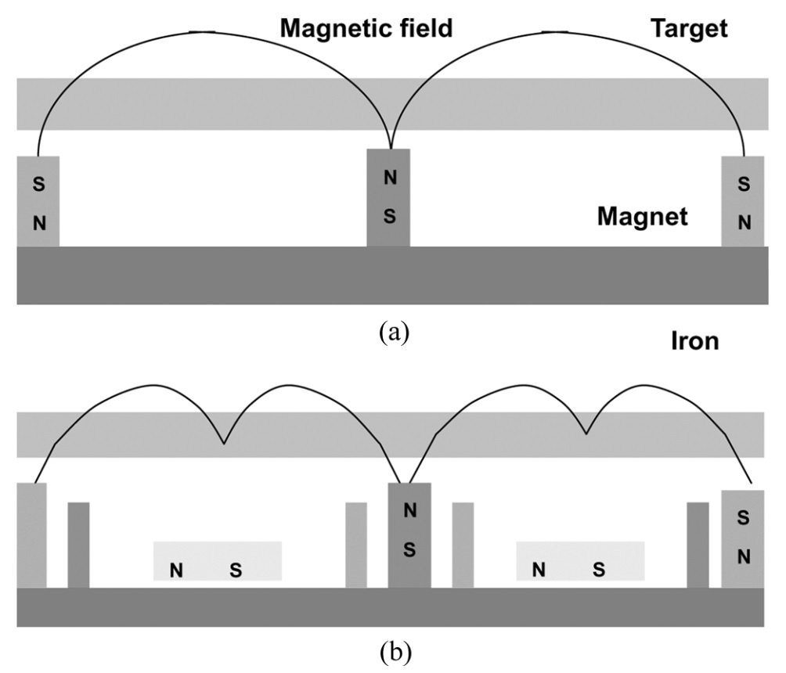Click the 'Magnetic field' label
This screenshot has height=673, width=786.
[x=366, y=29]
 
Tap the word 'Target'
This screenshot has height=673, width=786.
[x=689, y=29]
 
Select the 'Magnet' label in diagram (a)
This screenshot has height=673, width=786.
[x=643, y=216]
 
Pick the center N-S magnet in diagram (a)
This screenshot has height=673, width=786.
[x=389, y=197]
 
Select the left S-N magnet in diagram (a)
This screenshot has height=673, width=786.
[x=38, y=202]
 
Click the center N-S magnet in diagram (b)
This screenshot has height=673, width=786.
[x=409, y=534]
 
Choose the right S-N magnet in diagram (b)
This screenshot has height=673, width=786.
[x=742, y=538]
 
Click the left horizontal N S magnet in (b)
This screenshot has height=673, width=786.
[x=217, y=561]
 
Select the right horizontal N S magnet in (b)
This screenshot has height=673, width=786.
[x=579, y=561]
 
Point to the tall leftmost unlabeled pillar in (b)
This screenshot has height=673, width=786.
[x=31, y=534]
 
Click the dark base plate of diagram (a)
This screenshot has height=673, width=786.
[x=391, y=275]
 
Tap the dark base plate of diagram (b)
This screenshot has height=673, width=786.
[x=391, y=607]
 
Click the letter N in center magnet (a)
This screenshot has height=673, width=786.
[x=390, y=178]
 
